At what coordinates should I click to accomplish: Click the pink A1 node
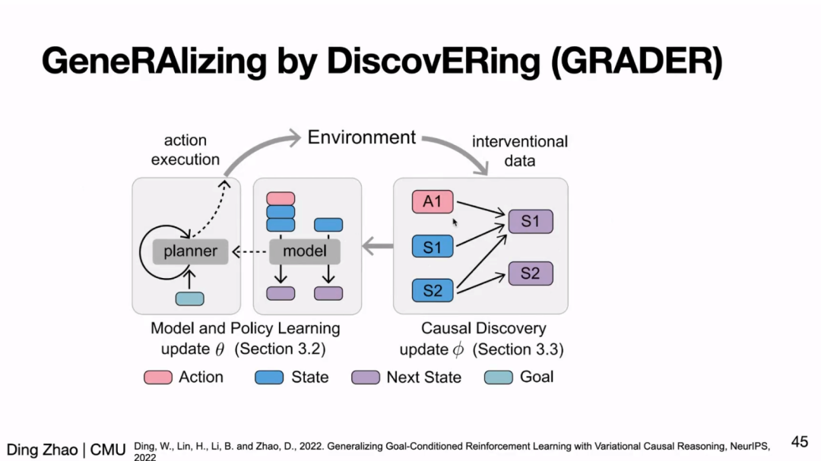[x=433, y=201]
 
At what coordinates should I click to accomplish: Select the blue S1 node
[x=433, y=247]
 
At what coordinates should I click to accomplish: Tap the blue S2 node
[x=433, y=290]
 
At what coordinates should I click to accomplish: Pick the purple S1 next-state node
[x=531, y=221]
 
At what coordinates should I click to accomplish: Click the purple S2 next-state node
[x=531, y=273]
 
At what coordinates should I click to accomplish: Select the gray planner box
[x=191, y=251]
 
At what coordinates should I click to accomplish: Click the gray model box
[x=305, y=251]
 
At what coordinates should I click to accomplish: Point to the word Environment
[x=361, y=137]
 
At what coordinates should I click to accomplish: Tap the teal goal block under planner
[x=189, y=298]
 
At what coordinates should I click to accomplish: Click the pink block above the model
[x=281, y=198]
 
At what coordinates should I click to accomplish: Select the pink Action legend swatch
[x=158, y=377]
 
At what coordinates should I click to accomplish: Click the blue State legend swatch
[x=269, y=377]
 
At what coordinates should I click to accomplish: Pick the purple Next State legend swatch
[x=366, y=377]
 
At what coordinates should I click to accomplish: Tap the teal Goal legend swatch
[x=499, y=377]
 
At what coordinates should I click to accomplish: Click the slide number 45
[x=800, y=442]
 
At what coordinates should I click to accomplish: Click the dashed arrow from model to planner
[x=250, y=252]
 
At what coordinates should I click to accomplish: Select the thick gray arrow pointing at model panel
[x=378, y=246]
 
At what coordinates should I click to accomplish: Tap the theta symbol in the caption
[x=220, y=349]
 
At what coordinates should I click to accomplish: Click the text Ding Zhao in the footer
[x=42, y=450]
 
